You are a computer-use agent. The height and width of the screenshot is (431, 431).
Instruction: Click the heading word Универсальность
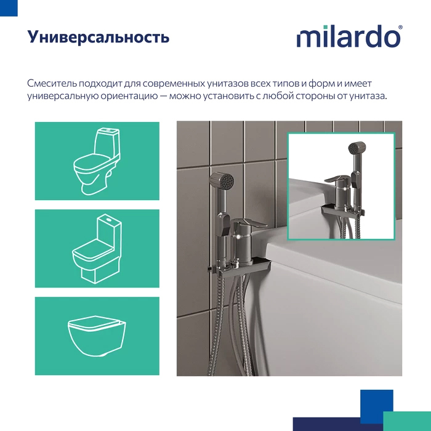tap(99, 38)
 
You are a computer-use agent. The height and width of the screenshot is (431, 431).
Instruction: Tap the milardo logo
tap(348, 37)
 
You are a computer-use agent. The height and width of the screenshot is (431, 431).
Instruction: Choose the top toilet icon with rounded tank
tap(97, 161)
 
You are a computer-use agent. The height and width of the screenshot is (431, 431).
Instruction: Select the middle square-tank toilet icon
tap(97, 249)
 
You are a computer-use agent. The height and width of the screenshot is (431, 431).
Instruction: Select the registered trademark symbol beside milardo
tap(401, 28)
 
